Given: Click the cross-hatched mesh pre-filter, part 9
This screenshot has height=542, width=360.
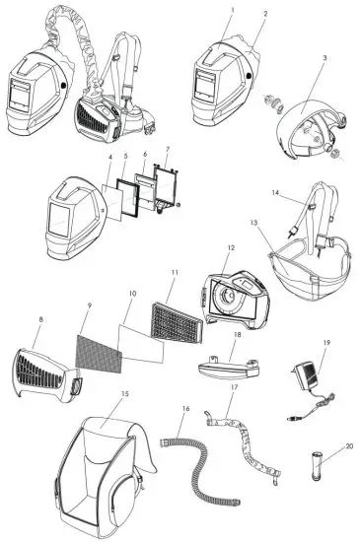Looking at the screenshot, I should click(x=95, y=341).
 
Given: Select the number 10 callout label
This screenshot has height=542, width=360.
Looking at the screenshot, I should click(x=131, y=295).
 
